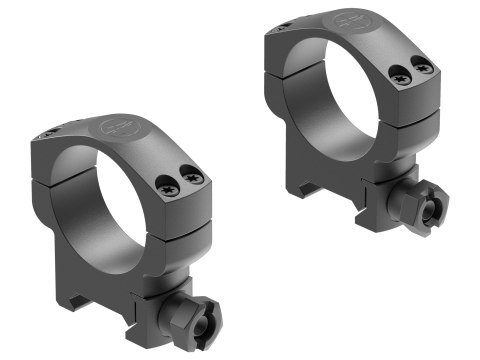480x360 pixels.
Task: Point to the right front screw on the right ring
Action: coord(423,66)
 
